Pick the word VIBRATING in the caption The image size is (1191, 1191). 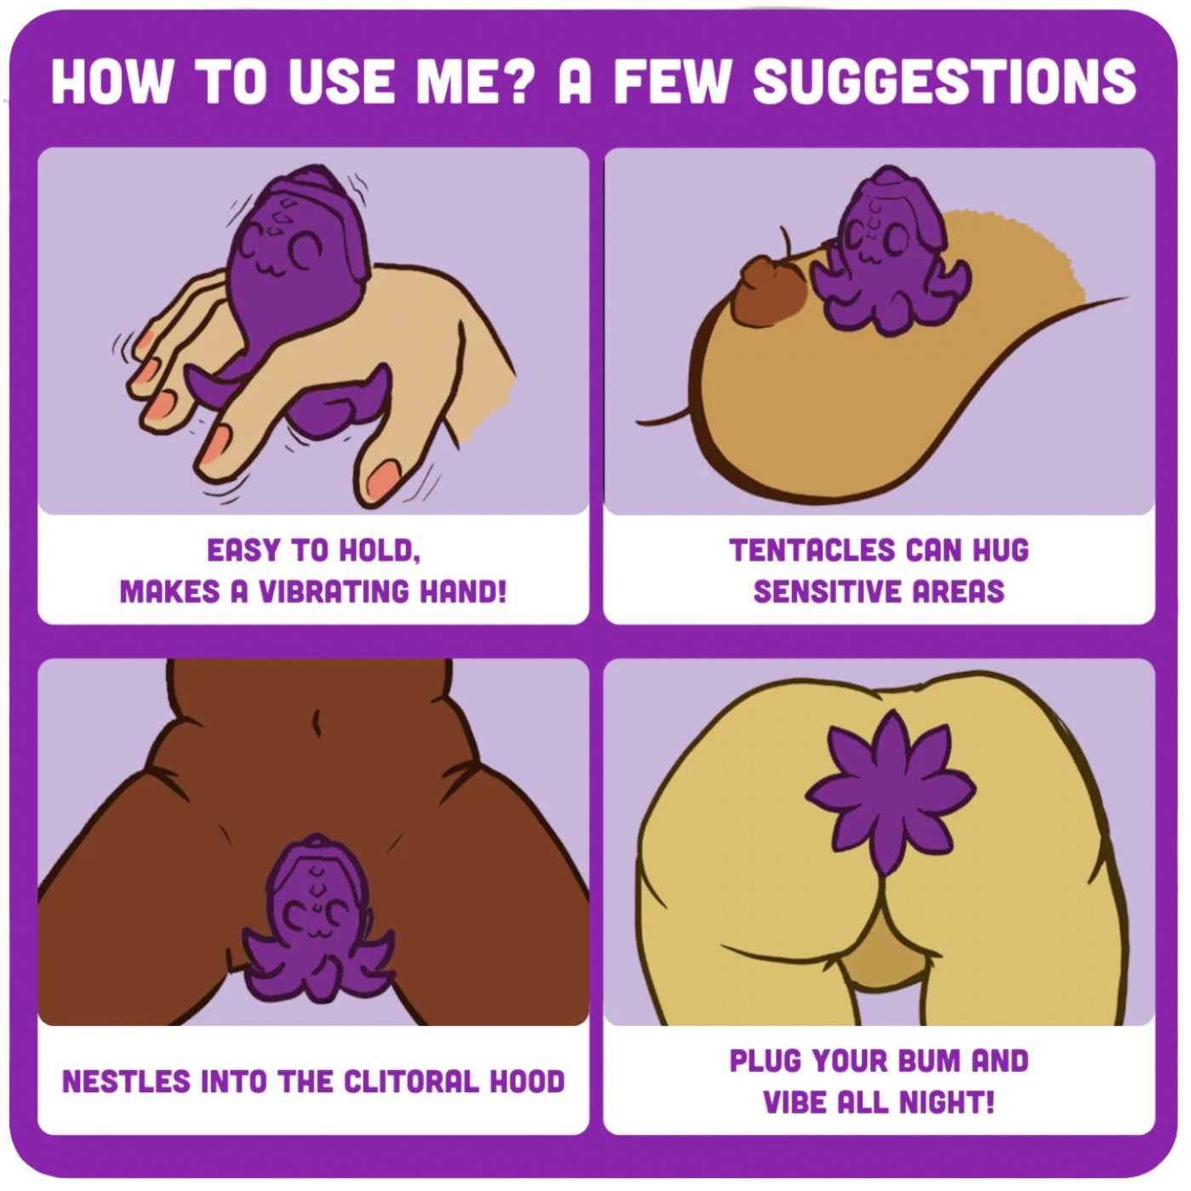[333, 591]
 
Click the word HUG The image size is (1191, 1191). [1001, 550]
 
